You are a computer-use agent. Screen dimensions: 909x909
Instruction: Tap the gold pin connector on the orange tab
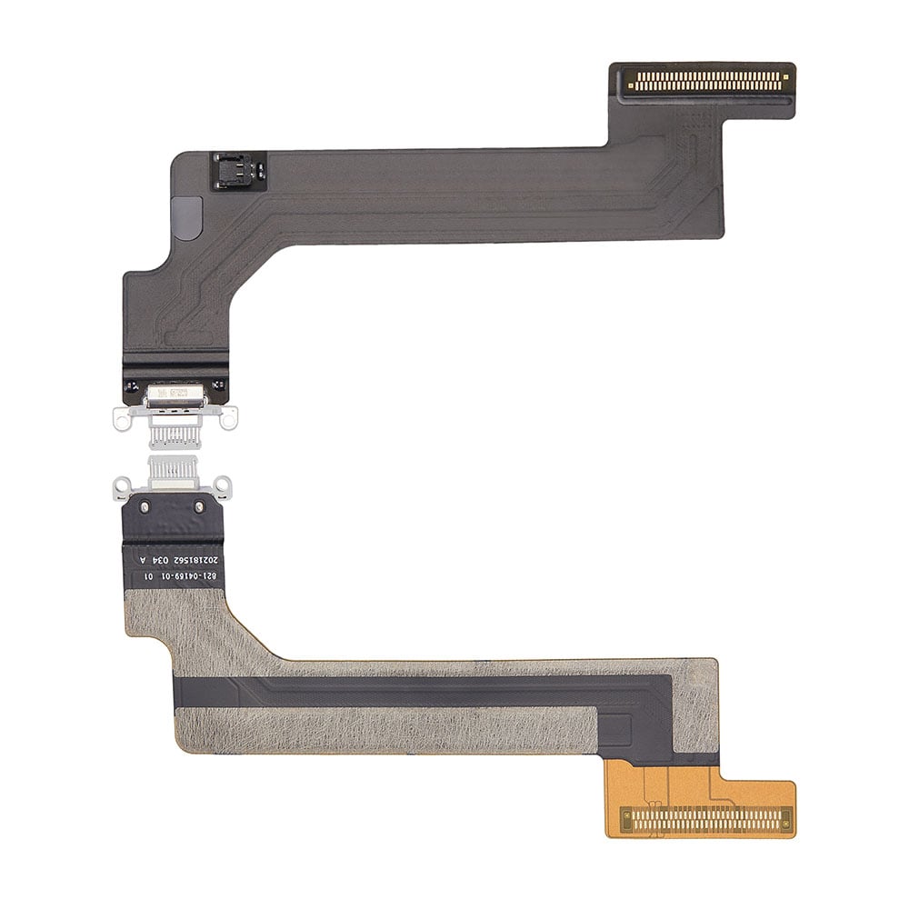pos(705,820)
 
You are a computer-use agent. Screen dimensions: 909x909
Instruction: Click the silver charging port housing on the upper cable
pos(175,396)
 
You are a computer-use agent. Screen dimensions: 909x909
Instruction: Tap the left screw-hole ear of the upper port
pos(120,417)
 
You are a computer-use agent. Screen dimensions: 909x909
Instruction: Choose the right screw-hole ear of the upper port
pos(229,417)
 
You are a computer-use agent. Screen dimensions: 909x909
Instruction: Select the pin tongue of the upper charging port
pos(175,435)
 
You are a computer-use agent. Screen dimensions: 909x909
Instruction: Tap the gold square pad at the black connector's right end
pos(785,82)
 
